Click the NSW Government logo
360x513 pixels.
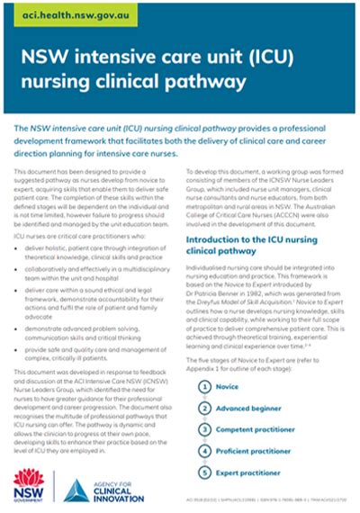[x=33, y=485]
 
